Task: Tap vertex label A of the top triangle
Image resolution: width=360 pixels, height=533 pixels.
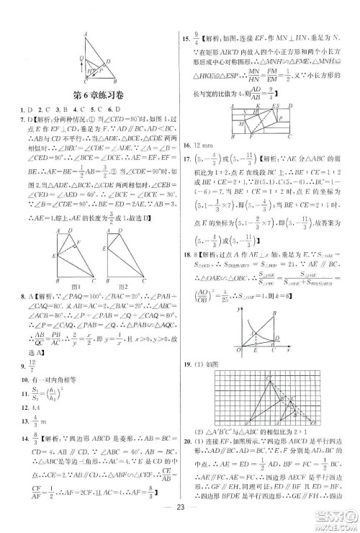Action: (84, 33)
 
